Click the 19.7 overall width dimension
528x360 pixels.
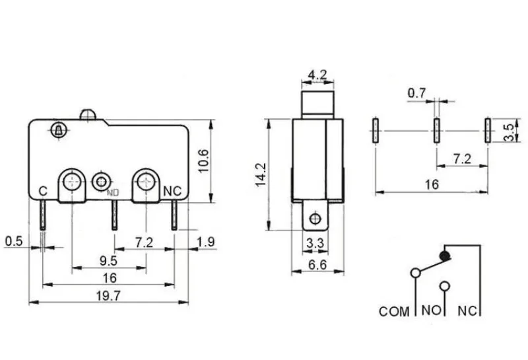[x=108, y=296]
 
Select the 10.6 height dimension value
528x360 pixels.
[x=203, y=161]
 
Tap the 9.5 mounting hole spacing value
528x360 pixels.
[x=108, y=260]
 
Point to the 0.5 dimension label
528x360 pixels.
[x=14, y=241]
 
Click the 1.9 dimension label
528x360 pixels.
[x=206, y=242]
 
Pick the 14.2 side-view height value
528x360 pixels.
[x=261, y=174]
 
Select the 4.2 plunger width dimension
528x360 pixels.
[x=317, y=75]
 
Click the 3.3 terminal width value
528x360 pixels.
[x=315, y=243]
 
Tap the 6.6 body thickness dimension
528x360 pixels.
[x=317, y=265]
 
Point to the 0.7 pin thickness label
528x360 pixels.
[x=416, y=92]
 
